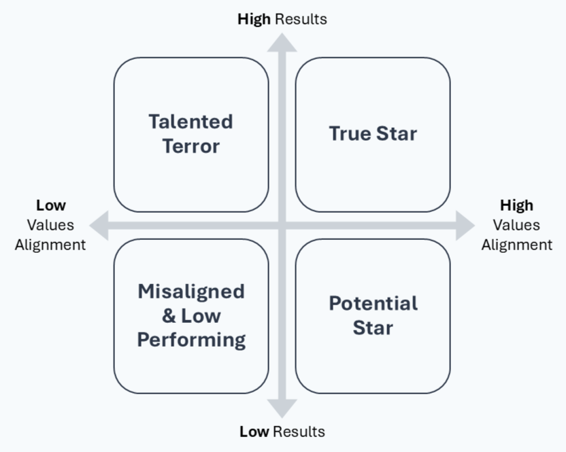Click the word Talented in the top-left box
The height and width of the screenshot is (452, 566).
[x=191, y=122]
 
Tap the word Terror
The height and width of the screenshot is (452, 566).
[x=191, y=146]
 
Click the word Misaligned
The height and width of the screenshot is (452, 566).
[x=191, y=292]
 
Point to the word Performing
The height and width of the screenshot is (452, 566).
[x=191, y=339]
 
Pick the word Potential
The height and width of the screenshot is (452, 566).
[x=373, y=303]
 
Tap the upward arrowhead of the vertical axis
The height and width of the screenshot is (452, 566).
[x=282, y=41]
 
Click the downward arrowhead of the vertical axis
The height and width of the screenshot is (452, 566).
[x=282, y=408]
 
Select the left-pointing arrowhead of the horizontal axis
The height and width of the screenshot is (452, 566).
[x=99, y=226]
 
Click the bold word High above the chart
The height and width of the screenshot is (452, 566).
[x=254, y=19]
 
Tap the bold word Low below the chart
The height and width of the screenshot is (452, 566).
[x=254, y=432]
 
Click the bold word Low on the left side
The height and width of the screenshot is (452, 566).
[x=51, y=205]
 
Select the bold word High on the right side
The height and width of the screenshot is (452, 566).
[x=516, y=205]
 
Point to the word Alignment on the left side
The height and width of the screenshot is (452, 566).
[x=51, y=245]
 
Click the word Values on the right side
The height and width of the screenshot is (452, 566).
[x=516, y=225]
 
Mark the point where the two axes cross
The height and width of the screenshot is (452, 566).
[x=282, y=226]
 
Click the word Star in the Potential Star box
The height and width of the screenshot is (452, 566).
[x=373, y=328]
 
